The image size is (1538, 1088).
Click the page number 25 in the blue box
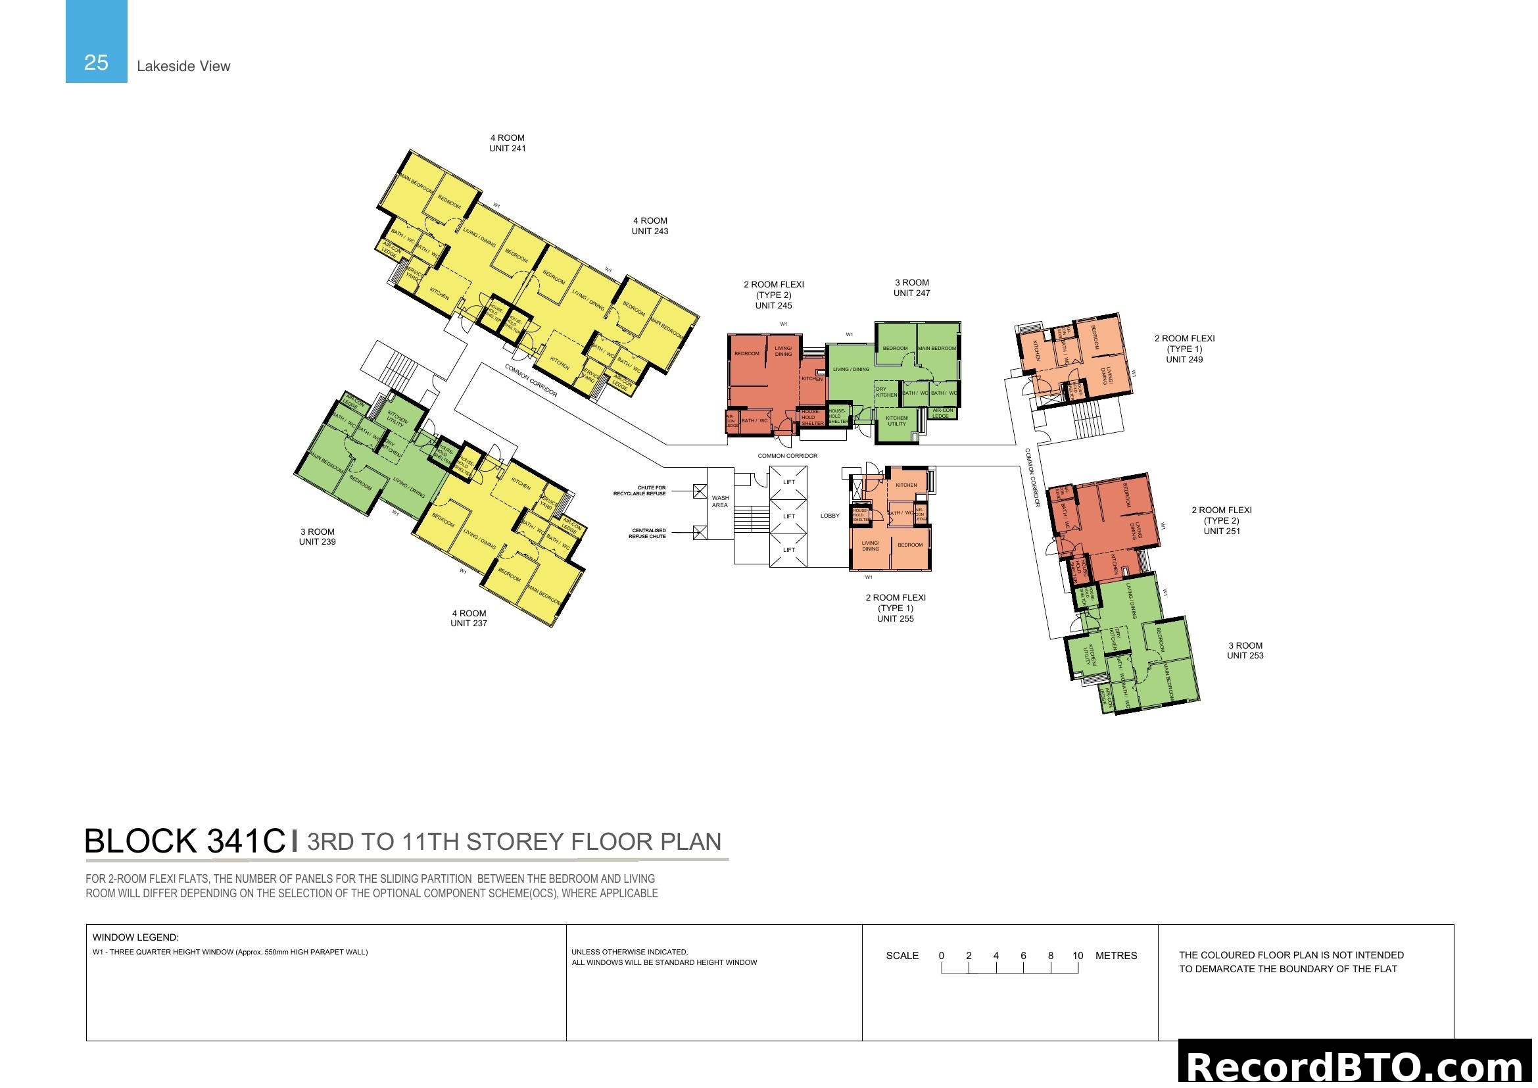[96, 62]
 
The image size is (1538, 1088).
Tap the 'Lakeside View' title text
[183, 66]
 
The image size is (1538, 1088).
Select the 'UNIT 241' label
[507, 148]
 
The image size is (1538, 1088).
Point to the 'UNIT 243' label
[649, 231]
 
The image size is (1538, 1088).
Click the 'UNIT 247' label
[911, 293]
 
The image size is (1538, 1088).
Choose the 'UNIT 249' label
[1184, 359]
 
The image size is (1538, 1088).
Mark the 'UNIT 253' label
[1245, 655]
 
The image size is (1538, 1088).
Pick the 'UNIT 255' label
[895, 618]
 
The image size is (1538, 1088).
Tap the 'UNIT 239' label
[317, 541]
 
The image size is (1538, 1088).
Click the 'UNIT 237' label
[468, 623]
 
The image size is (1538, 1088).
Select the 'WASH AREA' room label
[720, 501]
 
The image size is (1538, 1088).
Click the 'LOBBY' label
[829, 515]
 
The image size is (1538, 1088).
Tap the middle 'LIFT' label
[788, 516]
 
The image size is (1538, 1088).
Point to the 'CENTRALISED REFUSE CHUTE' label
[648, 533]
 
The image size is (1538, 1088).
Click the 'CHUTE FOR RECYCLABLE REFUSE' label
[640, 491]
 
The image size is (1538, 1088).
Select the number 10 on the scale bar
[1077, 955]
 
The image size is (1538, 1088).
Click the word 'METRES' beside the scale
[1115, 955]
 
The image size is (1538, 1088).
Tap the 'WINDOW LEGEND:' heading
[135, 937]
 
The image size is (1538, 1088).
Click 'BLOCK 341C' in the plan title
[185, 841]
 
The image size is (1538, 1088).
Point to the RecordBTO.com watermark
[1357, 1065]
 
